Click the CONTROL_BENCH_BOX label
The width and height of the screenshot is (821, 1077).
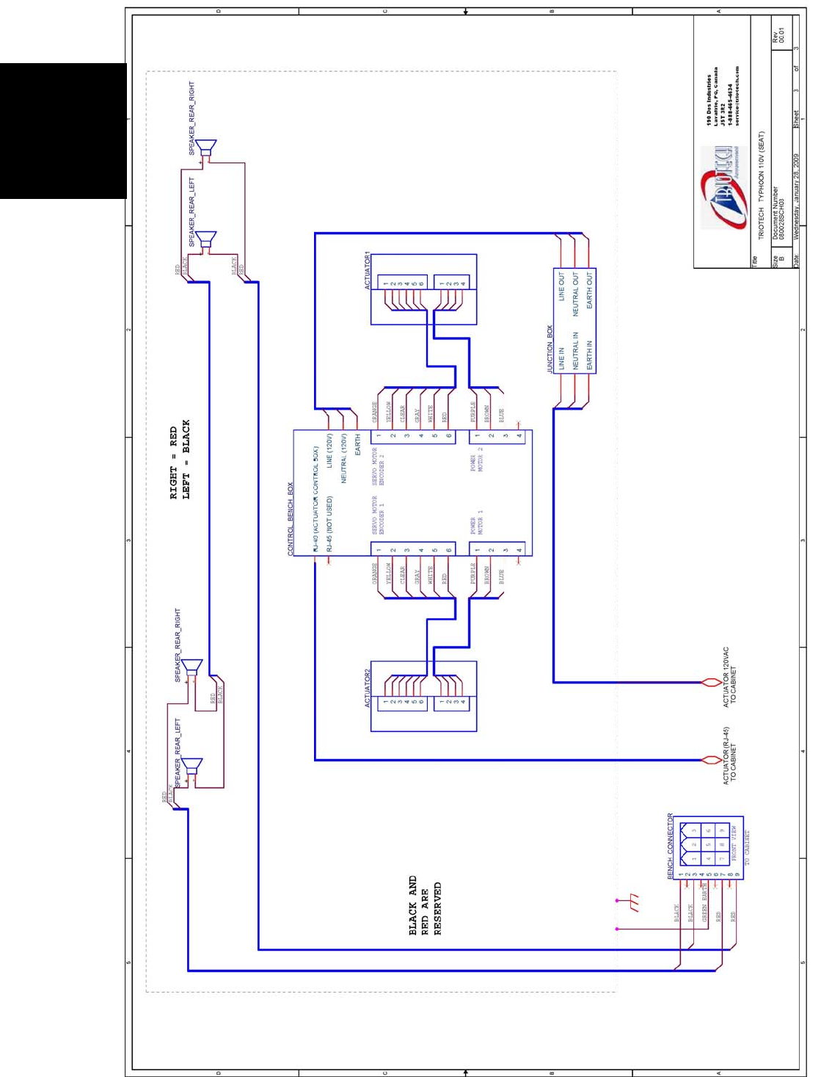click(290, 518)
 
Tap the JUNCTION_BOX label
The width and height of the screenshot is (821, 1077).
click(550, 349)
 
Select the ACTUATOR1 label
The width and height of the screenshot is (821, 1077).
click(368, 270)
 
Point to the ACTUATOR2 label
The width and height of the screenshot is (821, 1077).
click(368, 687)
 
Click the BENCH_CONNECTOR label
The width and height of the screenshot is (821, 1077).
click(670, 845)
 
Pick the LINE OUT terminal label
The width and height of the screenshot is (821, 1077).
click(562, 287)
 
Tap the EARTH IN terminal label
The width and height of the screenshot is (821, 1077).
click(589, 354)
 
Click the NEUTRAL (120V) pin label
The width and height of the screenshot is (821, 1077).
click(343, 458)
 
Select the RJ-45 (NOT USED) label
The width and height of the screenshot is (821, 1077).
click(329, 523)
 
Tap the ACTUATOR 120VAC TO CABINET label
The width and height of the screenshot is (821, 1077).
click(729, 677)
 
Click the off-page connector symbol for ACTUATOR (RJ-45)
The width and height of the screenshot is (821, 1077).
click(710, 760)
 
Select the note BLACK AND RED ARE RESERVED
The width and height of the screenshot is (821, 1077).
click(425, 904)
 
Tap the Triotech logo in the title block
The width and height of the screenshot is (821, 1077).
click(720, 187)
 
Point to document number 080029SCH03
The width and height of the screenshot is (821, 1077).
click(780, 213)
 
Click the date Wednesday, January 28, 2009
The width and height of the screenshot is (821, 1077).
click(796, 196)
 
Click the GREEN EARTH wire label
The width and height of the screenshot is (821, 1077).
click(704, 903)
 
